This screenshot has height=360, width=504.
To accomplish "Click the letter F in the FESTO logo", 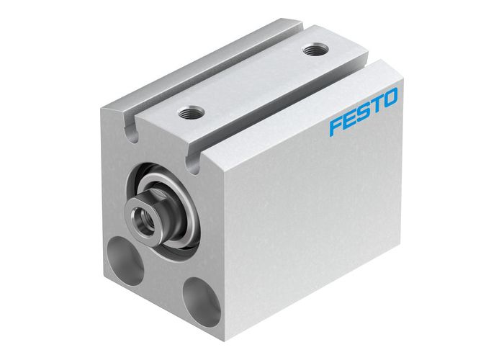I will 336,127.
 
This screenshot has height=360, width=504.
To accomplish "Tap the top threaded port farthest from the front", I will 313,50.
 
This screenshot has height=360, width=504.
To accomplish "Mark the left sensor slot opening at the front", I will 131,132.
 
